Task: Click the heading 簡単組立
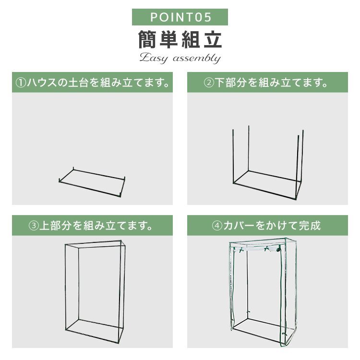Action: [180, 40]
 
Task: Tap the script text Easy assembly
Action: [180, 59]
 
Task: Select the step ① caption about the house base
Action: [93, 83]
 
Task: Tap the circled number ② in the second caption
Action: [209, 83]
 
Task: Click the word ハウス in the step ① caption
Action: [41, 83]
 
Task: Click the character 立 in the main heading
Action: [212, 40]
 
